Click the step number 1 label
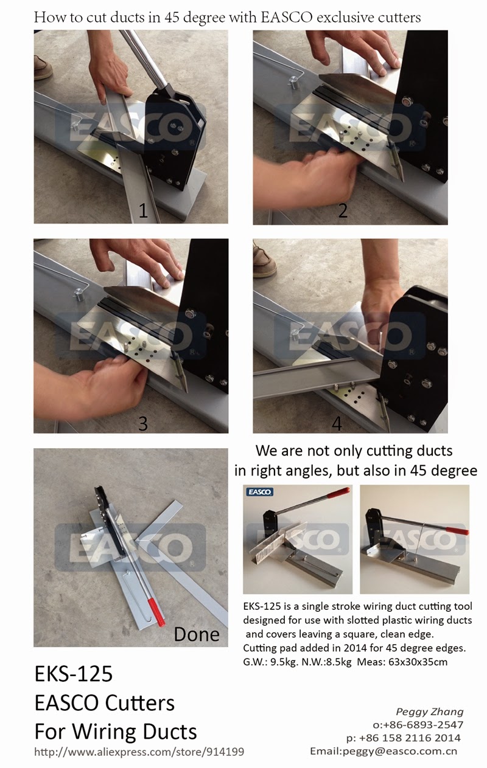[144, 210]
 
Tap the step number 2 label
[343, 210]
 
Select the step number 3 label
[143, 423]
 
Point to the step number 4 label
[337, 423]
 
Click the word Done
[196, 634]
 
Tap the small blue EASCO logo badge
[259, 491]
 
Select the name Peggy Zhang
[430, 711]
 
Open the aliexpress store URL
[139, 752]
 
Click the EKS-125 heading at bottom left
[73, 674]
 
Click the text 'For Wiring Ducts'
[116, 730]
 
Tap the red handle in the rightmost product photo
[456, 530]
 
